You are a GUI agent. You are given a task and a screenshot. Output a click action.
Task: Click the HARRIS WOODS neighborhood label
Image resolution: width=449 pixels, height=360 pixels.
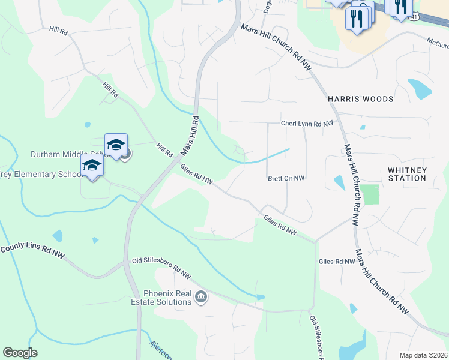pos(360,99)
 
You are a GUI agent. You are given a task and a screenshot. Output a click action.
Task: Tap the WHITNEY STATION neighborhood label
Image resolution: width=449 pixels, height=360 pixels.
pos(407,174)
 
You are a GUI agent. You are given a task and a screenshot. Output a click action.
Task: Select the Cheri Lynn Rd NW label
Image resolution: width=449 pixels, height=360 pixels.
pos(307,124)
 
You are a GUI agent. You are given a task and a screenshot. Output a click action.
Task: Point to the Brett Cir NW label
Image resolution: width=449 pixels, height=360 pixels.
pos(286,178)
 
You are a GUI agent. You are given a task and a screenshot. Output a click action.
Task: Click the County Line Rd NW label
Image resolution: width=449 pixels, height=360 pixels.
pos(32,251)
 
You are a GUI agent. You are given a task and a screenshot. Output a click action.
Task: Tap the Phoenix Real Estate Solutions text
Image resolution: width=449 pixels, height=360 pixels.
pos(167,298)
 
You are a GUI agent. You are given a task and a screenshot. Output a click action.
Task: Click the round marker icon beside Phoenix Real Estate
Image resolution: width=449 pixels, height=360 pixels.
pos(202,297)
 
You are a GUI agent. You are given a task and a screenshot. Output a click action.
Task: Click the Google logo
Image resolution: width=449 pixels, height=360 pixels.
pos(20,353)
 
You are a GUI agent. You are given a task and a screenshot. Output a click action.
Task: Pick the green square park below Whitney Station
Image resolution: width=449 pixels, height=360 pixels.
pos(370,194)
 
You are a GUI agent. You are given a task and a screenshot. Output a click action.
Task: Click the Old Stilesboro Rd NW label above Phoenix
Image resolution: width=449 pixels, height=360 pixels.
pos(161,268)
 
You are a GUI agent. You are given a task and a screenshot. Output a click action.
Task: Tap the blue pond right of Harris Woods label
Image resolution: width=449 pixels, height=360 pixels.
pos(420,89)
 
